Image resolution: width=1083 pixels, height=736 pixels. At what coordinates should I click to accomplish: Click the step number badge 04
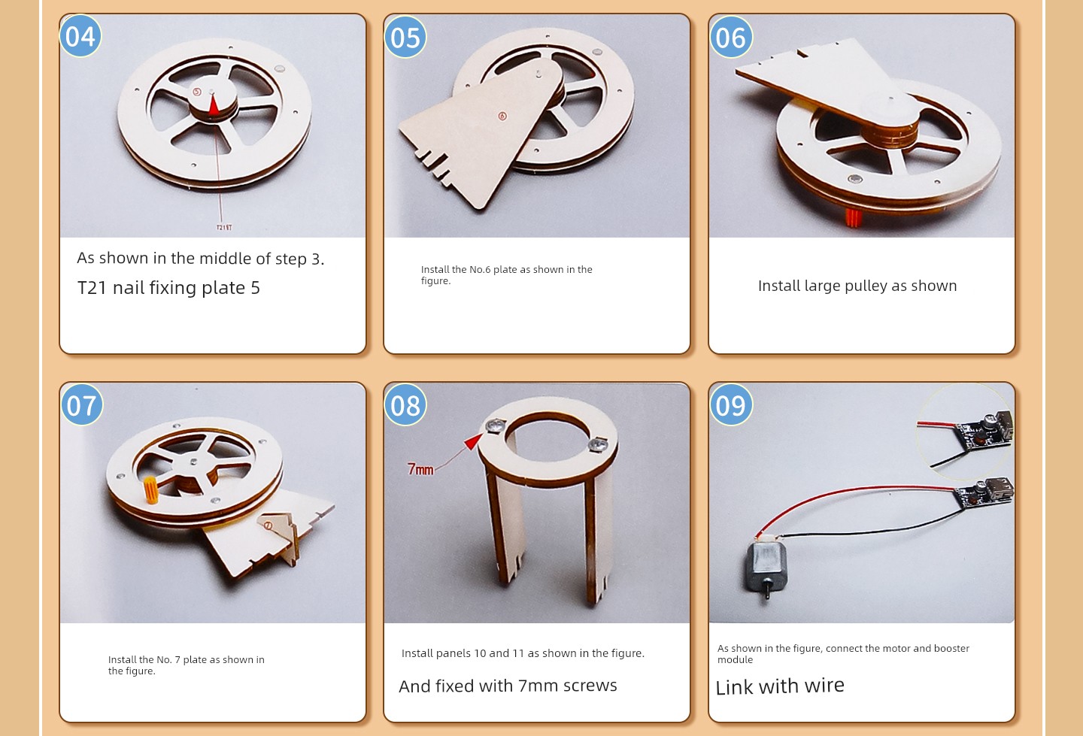80,36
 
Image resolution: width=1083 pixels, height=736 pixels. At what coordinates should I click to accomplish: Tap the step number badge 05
405,37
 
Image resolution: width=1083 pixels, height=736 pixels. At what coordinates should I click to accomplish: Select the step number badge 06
730,37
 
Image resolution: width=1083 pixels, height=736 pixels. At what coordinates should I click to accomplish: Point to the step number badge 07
82,404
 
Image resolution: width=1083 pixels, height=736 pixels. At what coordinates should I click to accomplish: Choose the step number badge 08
405,404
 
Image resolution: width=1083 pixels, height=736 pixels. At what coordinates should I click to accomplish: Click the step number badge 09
730,404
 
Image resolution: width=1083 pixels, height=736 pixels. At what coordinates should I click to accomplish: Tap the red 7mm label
420,469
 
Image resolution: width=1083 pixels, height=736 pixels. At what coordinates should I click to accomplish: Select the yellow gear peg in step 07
150,490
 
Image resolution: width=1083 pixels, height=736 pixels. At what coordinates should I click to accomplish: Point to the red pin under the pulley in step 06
854,217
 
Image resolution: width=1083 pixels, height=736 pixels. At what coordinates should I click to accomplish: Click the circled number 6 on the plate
502,116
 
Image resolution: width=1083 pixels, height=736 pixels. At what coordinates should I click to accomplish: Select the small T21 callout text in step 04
224,227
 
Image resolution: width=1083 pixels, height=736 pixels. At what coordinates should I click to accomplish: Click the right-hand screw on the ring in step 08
598,443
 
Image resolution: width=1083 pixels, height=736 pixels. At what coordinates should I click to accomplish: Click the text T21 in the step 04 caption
92,288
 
